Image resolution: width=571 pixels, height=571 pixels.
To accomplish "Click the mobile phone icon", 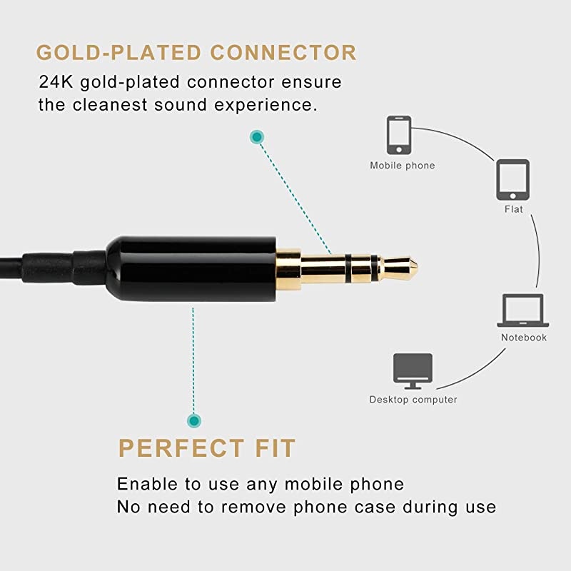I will pyautogui.click(x=398, y=136).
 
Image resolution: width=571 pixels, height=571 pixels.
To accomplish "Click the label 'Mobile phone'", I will pyautogui.click(x=402, y=166).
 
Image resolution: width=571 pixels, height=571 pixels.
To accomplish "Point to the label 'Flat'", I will pyautogui.click(x=513, y=209).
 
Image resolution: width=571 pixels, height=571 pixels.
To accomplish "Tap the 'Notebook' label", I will pyautogui.click(x=523, y=337).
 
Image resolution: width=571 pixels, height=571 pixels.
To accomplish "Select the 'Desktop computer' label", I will pyautogui.click(x=413, y=400).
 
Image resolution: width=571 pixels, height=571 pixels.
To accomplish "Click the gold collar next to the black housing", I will pyautogui.click(x=288, y=268).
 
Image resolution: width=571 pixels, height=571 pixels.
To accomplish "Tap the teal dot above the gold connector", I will pyautogui.click(x=256, y=136).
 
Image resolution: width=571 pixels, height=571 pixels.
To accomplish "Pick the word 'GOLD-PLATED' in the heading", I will pyautogui.click(x=114, y=52).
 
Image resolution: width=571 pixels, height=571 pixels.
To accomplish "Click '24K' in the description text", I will pyautogui.click(x=54, y=82).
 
